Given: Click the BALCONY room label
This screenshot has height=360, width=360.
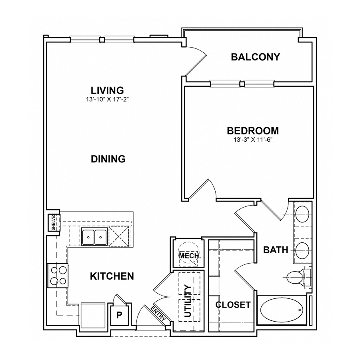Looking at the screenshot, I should [x=255, y=57].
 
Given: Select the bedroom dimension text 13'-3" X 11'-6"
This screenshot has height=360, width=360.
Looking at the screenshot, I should [x=252, y=140].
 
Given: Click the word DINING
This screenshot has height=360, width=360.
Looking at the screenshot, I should [x=108, y=159].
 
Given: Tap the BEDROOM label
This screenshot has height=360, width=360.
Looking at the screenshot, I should [x=252, y=130].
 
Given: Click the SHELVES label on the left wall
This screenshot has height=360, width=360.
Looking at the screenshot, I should [x=53, y=222].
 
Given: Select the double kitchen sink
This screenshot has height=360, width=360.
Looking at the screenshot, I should [x=94, y=237].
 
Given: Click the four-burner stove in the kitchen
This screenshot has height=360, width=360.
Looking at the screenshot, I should [x=57, y=275].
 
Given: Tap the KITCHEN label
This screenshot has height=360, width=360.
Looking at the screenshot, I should [x=111, y=276].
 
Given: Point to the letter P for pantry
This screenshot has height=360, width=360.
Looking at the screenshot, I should [x=119, y=315].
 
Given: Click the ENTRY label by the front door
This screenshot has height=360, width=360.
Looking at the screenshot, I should [x=160, y=313].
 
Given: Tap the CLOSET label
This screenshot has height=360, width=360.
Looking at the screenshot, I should [x=233, y=305].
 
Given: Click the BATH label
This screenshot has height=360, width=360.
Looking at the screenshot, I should [x=276, y=250].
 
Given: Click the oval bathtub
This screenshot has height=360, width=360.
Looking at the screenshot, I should [x=282, y=310].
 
